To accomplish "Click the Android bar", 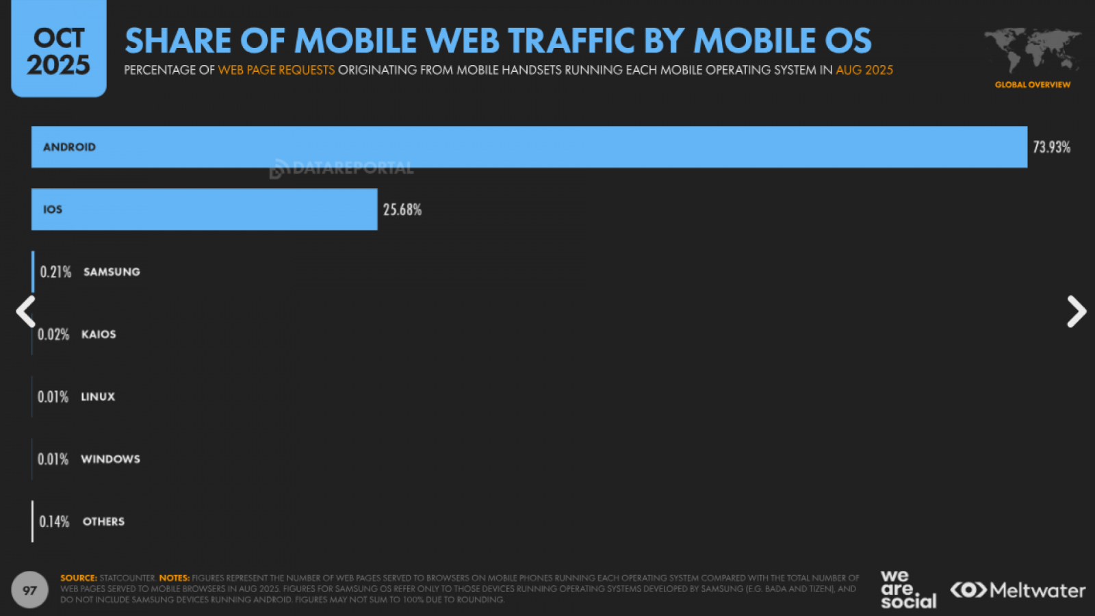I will coord(529,147).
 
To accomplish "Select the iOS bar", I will coord(204,209).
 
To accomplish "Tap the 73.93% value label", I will coord(1051,147).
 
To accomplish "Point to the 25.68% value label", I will coord(402,209).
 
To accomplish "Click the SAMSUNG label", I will coord(112,272).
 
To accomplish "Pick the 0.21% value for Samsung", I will coord(55,272).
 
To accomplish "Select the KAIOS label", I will coord(99,334).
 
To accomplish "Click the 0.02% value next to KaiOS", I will coord(53,334).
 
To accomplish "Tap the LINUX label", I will coord(98,396).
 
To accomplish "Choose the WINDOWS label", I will coord(110,459).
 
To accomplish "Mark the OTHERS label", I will coord(103,522).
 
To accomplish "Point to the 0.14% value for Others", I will coord(54,522).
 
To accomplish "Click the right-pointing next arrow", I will coord(1076,311).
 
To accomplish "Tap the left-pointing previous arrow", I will coord(26,311).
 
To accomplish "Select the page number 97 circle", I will coord(29,590).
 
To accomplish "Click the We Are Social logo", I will coord(907,589).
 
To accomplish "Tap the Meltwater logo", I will coord(1018,590).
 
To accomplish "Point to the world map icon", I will coord(1032,50).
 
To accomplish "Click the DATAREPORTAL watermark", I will coord(342,168).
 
